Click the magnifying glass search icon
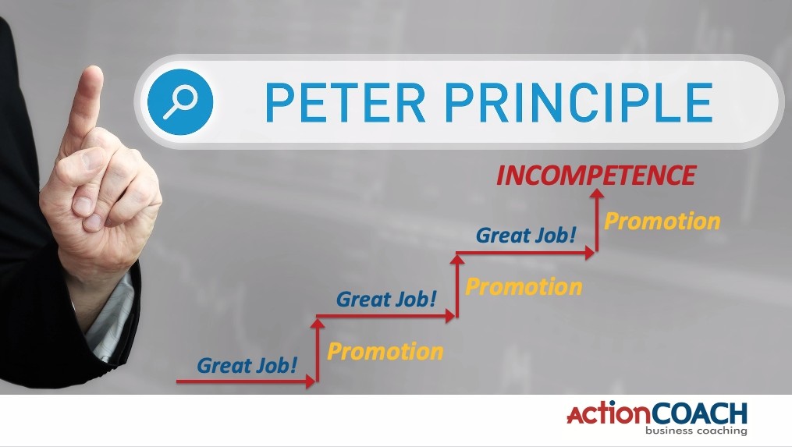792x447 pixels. pyautogui.click(x=179, y=101)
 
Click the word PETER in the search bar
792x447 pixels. pyautogui.click(x=346, y=102)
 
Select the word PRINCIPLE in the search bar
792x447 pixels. pyautogui.click(x=579, y=102)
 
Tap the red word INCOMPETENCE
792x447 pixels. pyautogui.click(x=596, y=176)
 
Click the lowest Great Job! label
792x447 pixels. pyautogui.click(x=247, y=365)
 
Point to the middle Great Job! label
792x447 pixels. pyautogui.click(x=386, y=299)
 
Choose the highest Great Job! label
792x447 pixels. pyautogui.click(x=526, y=236)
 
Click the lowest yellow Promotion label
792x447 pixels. pyautogui.click(x=385, y=352)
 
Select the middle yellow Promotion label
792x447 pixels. pyautogui.click(x=524, y=287)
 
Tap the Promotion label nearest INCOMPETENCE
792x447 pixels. pyautogui.click(x=662, y=222)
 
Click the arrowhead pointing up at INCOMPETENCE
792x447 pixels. pyautogui.click(x=598, y=193)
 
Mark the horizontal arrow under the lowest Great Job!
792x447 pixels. pyautogui.click(x=246, y=381)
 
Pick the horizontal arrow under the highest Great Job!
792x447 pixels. pyautogui.click(x=525, y=252)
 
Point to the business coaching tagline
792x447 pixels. pyautogui.click(x=696, y=431)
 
